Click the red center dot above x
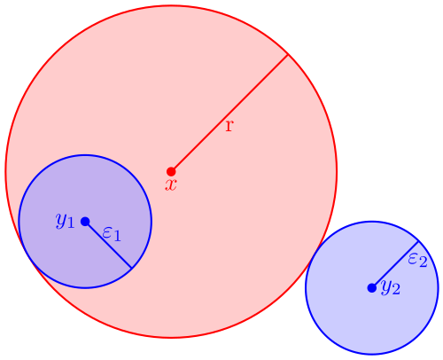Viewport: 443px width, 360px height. click(171, 171)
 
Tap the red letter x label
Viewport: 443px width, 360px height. click(171, 185)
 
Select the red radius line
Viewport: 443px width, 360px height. click(229, 113)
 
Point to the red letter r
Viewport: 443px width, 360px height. click(229, 126)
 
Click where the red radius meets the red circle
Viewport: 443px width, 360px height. click(288, 54)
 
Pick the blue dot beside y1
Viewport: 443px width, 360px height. click(85, 222)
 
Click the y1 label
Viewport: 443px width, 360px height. click(65, 221)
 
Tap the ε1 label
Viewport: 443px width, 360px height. click(112, 234)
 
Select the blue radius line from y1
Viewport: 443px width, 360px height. click(108, 245)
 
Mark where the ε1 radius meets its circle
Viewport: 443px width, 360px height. click(132, 269)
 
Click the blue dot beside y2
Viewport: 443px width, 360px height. click(372, 288)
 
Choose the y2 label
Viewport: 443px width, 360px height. click(391, 287)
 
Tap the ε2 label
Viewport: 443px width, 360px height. click(417, 261)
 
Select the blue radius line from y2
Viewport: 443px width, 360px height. click(395, 264)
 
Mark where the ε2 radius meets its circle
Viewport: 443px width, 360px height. click(419, 241)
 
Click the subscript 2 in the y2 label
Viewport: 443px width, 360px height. click(396, 290)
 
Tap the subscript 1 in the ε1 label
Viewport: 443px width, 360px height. click(117, 237)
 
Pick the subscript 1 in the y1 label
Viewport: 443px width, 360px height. click(70, 223)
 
